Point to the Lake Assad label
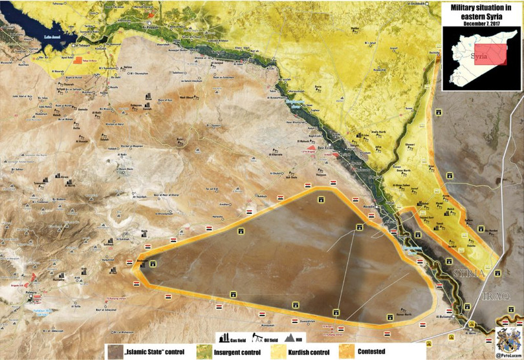(x=51, y=37)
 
